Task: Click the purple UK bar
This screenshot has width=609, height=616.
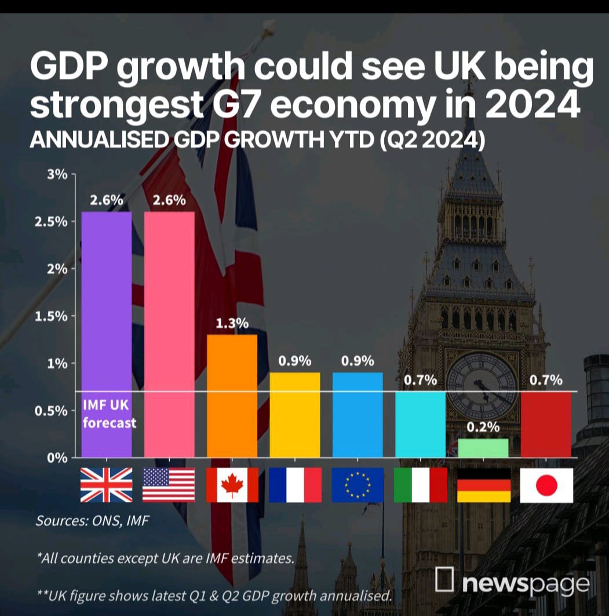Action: (x=106, y=325)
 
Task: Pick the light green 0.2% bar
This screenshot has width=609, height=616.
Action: (x=483, y=448)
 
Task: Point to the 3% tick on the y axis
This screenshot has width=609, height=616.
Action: (x=59, y=174)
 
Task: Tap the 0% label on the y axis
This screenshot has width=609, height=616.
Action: (x=59, y=458)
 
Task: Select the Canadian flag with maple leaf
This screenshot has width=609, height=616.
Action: (x=232, y=485)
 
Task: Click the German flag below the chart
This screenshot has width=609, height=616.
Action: (x=483, y=485)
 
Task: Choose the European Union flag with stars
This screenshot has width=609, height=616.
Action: (x=358, y=485)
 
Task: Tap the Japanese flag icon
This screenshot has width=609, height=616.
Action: (x=546, y=485)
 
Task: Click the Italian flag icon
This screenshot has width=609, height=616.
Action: (x=420, y=485)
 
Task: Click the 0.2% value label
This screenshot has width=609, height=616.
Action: (x=483, y=427)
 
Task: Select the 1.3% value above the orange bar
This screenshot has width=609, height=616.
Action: (x=232, y=323)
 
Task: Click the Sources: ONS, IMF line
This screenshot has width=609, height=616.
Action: (x=93, y=520)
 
